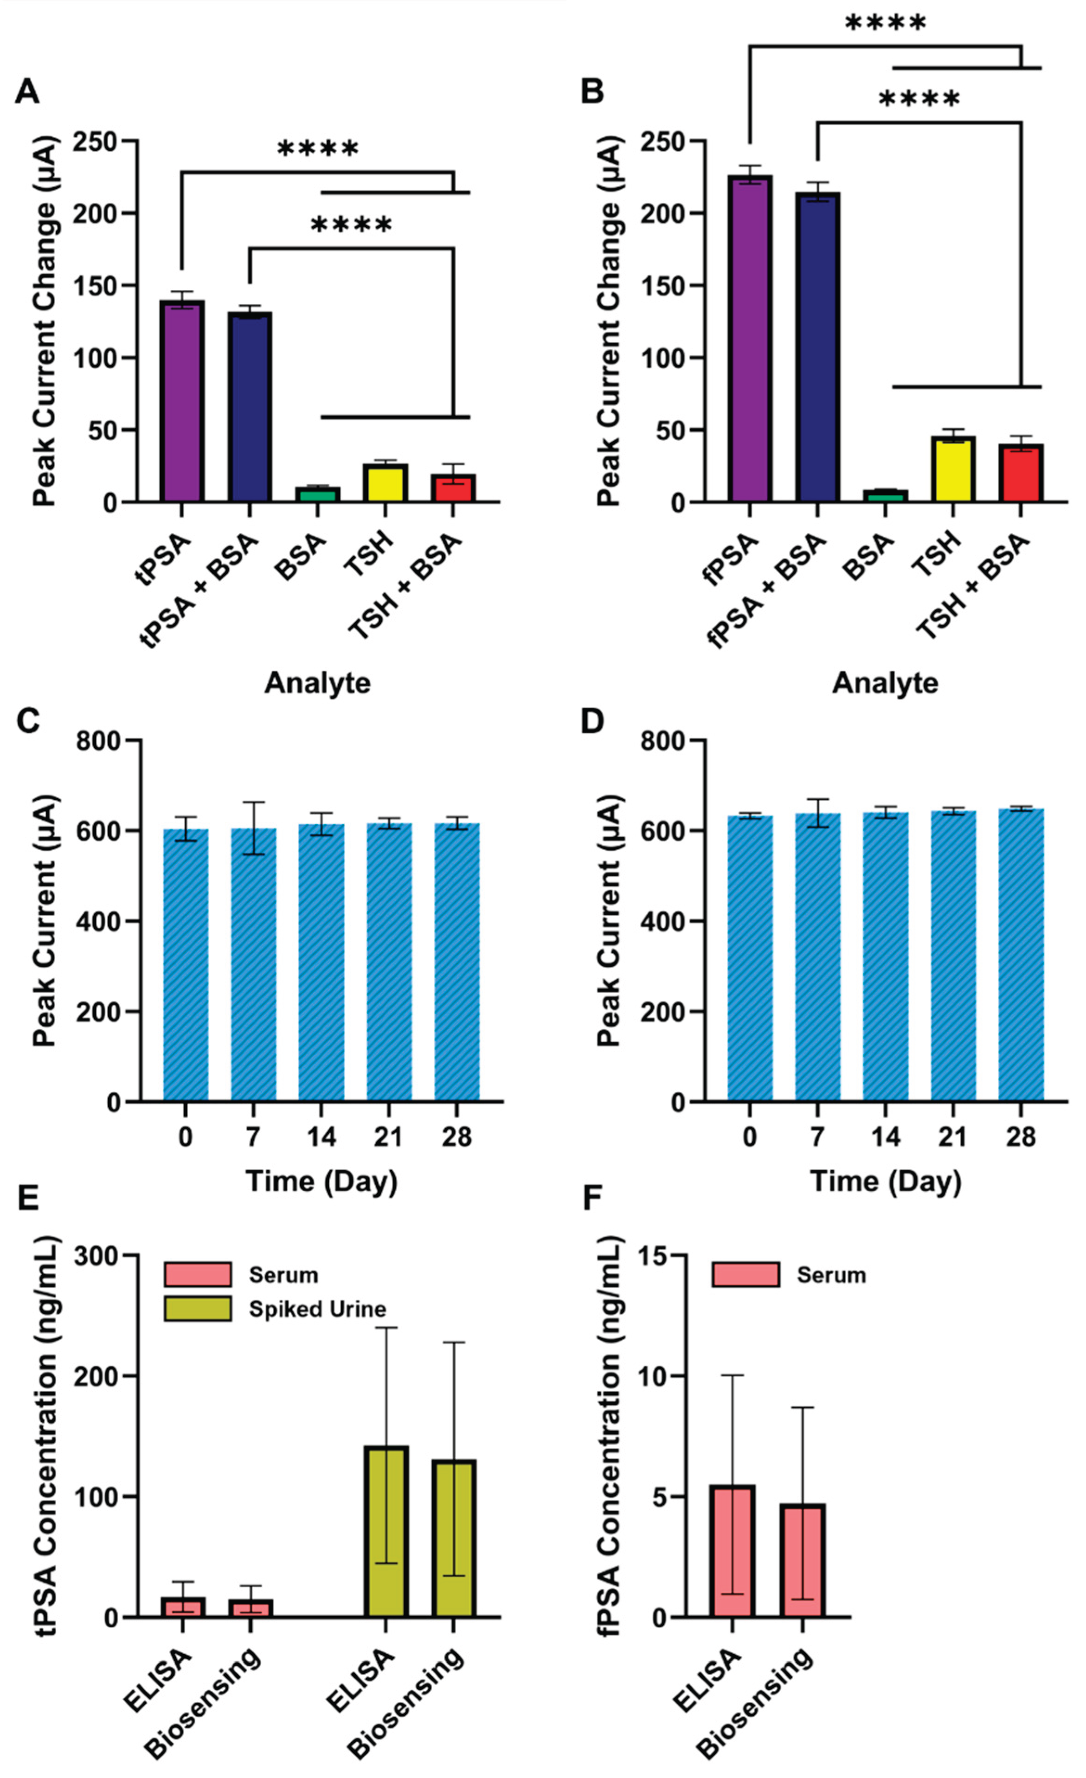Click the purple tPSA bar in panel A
pyautogui.click(x=182, y=401)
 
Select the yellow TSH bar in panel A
pyautogui.click(x=386, y=483)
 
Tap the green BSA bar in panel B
pyautogui.click(x=886, y=496)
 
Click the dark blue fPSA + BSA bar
pyautogui.click(x=817, y=347)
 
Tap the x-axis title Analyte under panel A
pyautogui.click(x=317, y=683)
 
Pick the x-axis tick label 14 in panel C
pyautogui.click(x=321, y=1137)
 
